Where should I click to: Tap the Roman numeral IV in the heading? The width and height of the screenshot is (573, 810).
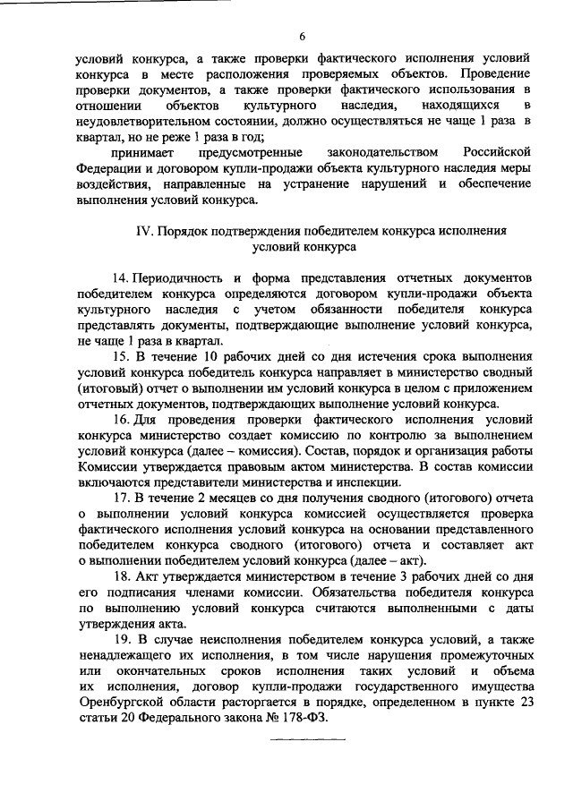pos(142,230)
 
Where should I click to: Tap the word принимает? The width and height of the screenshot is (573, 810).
pos(141,153)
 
